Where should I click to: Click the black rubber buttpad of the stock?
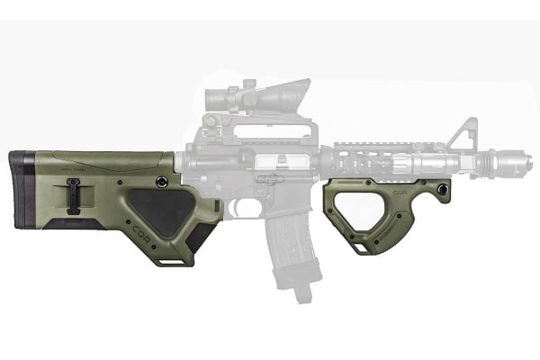21,190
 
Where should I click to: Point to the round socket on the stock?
161,182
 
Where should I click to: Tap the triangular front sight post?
463,135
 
